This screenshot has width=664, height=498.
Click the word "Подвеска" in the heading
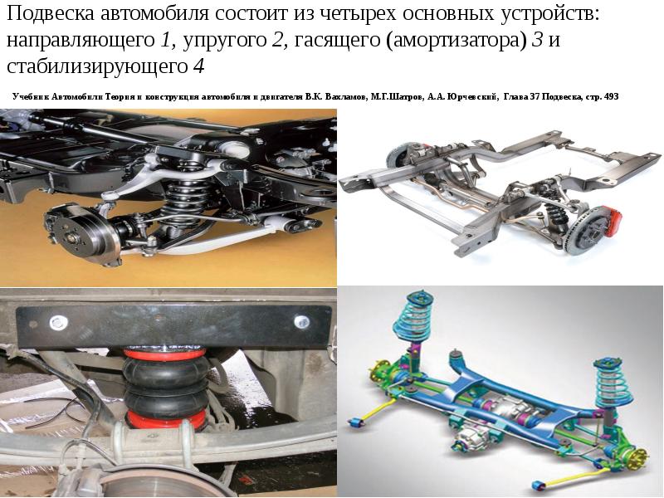[x=51, y=13]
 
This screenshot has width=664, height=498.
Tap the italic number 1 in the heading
[x=165, y=40]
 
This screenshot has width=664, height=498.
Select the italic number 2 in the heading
[x=277, y=40]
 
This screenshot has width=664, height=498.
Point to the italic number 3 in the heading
[x=537, y=40]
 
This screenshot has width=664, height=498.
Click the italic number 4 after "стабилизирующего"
[x=198, y=66]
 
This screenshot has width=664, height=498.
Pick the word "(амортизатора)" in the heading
[x=456, y=41]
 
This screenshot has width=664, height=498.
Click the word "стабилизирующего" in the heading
[x=97, y=67]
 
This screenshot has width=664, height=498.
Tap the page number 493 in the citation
[x=612, y=96]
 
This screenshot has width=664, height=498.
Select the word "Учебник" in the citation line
[x=32, y=96]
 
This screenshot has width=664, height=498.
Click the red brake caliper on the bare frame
[x=613, y=220]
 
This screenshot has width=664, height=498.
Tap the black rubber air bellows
[x=166, y=386]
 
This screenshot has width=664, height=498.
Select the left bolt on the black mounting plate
[x=59, y=323]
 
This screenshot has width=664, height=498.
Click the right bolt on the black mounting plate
[x=301, y=321]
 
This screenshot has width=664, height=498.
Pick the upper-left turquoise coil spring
[x=413, y=315]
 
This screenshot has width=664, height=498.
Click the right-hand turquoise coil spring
[x=613, y=383]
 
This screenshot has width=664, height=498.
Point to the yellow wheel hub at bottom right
[x=638, y=458]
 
